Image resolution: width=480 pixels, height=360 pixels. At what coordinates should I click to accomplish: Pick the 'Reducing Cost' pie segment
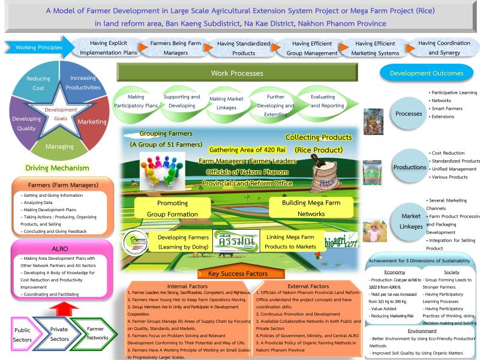38,83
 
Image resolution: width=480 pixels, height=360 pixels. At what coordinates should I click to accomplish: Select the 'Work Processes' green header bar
237,73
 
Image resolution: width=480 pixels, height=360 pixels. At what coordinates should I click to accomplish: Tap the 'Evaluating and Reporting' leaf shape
323,101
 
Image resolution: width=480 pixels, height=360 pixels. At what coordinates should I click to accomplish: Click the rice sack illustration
327,174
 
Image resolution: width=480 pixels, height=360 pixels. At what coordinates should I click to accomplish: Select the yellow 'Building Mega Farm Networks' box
311,208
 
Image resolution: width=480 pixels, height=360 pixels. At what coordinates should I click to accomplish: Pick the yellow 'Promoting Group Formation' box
172,208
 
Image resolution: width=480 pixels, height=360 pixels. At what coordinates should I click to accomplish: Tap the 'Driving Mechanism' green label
58,169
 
